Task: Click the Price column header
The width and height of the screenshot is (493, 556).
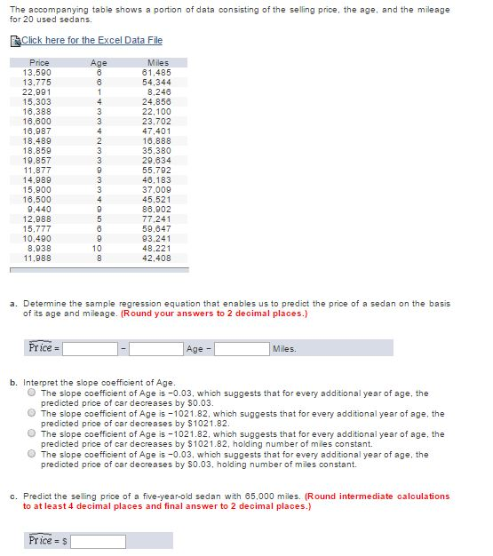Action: [39, 63]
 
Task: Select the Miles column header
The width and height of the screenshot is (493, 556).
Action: [156, 63]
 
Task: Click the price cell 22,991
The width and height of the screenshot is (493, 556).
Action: [37, 91]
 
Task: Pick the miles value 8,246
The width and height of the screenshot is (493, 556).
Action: [158, 91]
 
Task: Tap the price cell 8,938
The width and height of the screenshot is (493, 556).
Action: [39, 249]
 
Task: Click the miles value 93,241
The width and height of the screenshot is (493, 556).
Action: [156, 239]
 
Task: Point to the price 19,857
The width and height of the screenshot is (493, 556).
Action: [37, 160]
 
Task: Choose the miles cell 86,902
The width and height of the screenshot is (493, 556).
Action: [156, 210]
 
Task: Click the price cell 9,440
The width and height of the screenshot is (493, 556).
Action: [39, 210]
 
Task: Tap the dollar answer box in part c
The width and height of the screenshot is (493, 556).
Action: [99, 541]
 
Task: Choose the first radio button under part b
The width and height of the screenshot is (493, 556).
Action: [32, 393]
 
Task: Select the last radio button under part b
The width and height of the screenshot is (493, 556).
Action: [32, 454]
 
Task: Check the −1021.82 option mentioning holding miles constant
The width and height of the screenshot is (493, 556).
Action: [32, 433]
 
